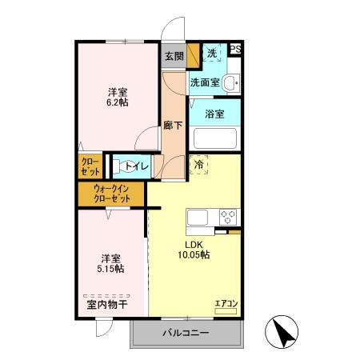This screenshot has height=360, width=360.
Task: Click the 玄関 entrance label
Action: tap(174, 56)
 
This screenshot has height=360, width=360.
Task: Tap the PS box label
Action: tap(235, 50)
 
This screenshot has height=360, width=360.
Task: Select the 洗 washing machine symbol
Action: tap(211, 53)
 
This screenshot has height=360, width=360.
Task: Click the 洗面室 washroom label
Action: tap(204, 82)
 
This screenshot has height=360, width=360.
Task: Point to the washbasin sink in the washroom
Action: tap(230, 82)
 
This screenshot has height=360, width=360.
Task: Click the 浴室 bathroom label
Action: tap(214, 114)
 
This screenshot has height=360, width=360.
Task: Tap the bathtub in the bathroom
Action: tap(214, 138)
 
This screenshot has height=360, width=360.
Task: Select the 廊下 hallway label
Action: tap(172, 125)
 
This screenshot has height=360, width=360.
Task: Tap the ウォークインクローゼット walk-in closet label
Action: tap(112, 194)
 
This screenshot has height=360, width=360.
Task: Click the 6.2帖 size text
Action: tap(118, 102)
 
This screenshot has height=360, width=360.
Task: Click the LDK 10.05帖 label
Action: tap(194, 249)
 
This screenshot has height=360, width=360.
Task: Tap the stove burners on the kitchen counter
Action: tap(228, 216)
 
